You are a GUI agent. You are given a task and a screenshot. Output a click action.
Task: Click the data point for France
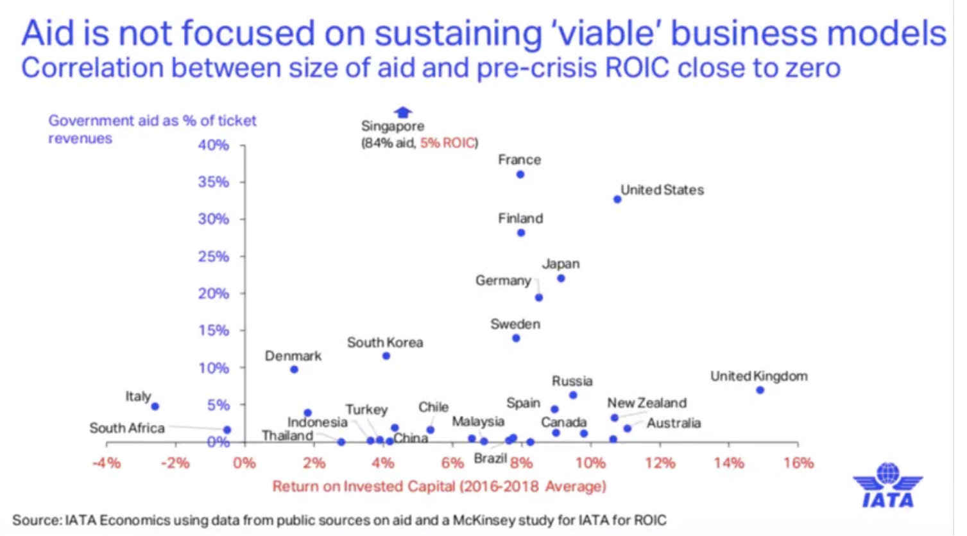[520, 175]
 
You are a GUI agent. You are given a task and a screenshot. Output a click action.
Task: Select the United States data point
[617, 200]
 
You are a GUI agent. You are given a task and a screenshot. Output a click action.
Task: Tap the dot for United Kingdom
[760, 390]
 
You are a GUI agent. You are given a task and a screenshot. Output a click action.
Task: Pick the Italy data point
[155, 406]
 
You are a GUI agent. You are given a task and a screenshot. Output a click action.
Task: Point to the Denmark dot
[294, 370]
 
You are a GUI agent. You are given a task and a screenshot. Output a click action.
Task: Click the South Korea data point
[386, 356]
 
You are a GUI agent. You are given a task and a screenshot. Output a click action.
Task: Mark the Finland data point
[521, 233]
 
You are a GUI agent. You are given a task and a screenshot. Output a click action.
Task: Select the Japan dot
[561, 279]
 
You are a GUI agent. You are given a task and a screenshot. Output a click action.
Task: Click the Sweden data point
[516, 338]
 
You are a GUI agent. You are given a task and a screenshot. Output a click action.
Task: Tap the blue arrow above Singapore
[402, 112]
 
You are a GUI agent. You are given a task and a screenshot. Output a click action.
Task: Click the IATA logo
[887, 485]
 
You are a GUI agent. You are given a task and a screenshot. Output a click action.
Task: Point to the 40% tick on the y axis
[243, 146]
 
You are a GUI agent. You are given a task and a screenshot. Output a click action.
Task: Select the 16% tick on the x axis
[798, 443]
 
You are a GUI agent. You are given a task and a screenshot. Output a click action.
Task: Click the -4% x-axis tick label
[107, 463]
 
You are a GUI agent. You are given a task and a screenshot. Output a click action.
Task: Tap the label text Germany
[503, 281]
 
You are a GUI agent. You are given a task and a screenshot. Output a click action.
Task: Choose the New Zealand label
[647, 403]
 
